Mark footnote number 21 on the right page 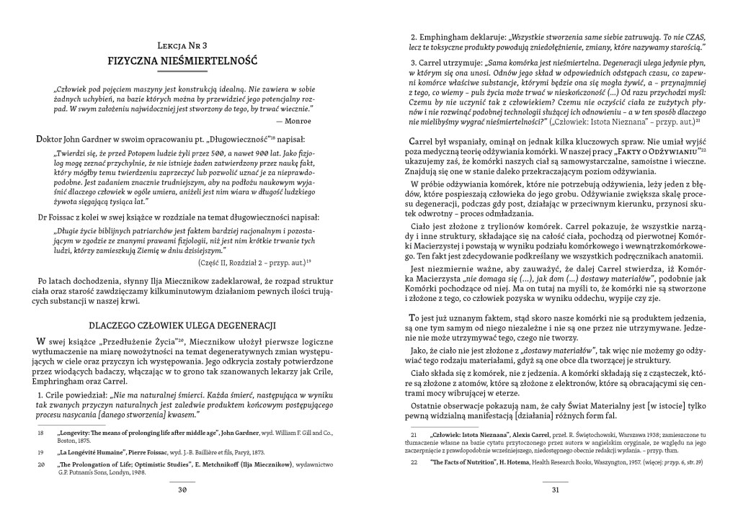point(414,436)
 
